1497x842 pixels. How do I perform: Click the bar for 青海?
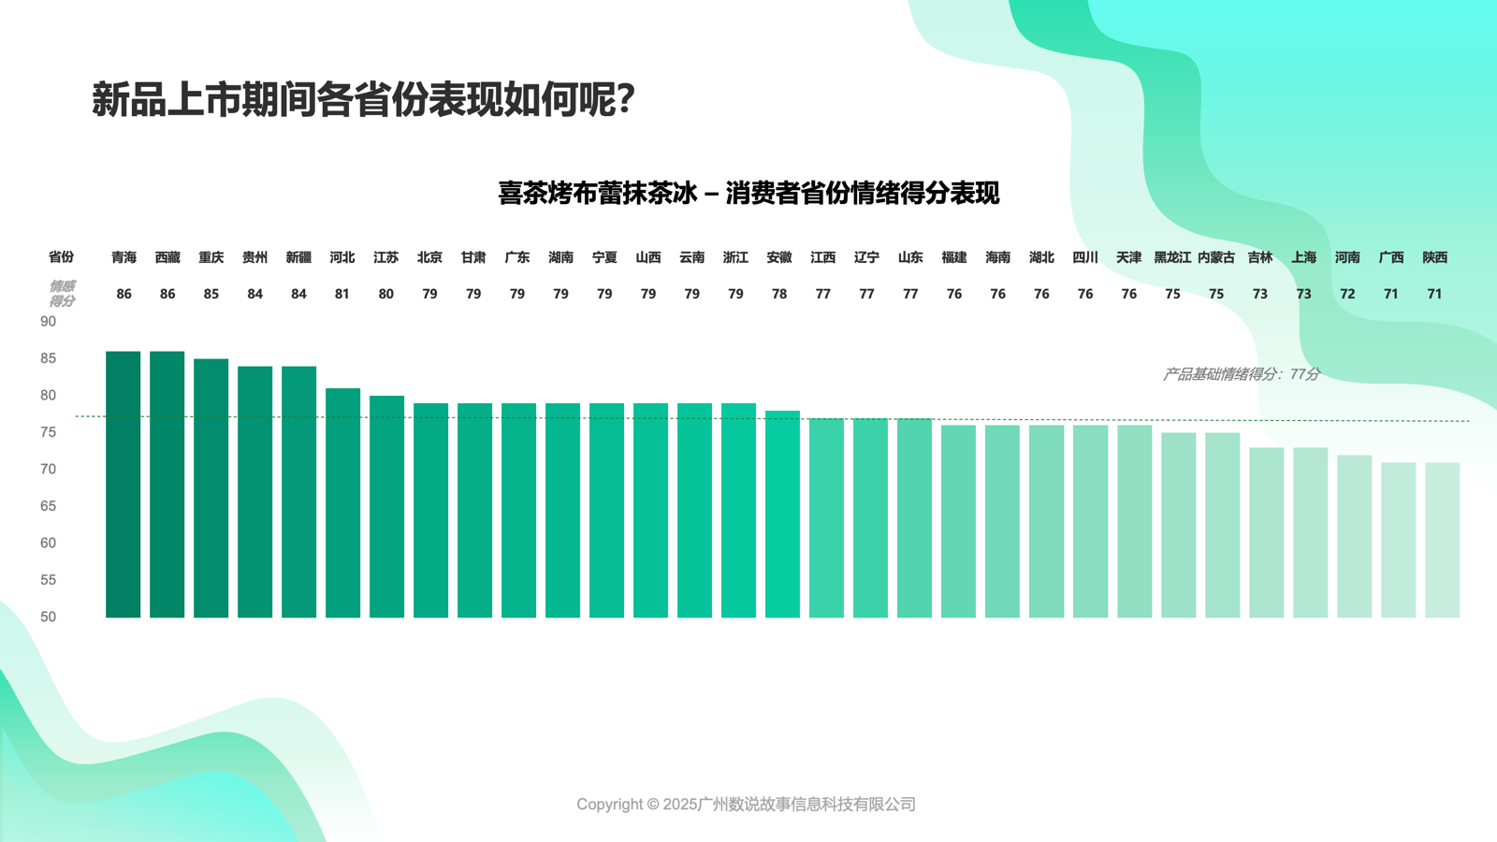pos(124,485)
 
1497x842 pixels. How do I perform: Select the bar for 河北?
pos(342,503)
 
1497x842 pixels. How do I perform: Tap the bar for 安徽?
pos(782,515)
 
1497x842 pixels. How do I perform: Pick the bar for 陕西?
pos(1442,540)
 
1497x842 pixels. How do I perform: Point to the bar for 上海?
pos(1310,532)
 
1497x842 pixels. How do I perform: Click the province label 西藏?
pos(167,257)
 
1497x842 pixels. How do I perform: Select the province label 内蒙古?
pos(1216,257)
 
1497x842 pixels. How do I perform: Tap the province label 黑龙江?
pos(1172,257)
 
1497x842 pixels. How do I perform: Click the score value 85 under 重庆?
pos(211,294)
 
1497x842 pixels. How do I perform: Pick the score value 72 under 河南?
pos(1347,294)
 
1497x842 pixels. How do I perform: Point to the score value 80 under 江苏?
pos(385,294)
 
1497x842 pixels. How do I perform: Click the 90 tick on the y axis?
pos(48,322)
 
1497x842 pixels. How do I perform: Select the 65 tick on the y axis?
pos(48,506)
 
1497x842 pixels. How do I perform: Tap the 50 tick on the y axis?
pos(48,617)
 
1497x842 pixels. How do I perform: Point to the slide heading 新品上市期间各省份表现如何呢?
pos(363,99)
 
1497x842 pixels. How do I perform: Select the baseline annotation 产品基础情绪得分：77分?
pos(1241,374)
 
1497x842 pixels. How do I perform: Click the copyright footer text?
pos(746,804)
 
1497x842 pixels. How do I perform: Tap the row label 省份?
pos(61,257)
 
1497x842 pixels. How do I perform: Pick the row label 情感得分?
pos(62,294)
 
